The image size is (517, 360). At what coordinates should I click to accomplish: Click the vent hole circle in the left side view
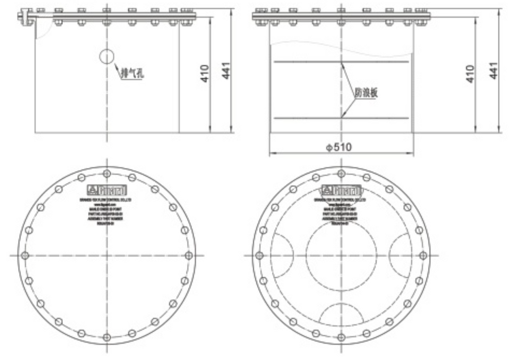click(107, 56)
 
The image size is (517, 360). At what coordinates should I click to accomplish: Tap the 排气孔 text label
click(132, 73)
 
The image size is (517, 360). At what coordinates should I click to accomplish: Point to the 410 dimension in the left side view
click(205, 74)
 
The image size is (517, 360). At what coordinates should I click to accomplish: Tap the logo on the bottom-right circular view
click(341, 188)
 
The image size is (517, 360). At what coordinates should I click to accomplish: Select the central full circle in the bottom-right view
click(341, 255)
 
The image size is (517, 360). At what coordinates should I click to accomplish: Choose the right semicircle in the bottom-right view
click(400, 255)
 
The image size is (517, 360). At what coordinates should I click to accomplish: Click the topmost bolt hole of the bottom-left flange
click(106, 173)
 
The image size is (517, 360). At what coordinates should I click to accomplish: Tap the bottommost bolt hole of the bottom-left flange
click(106, 337)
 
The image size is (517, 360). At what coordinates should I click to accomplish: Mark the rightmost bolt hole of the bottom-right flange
click(422, 255)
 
